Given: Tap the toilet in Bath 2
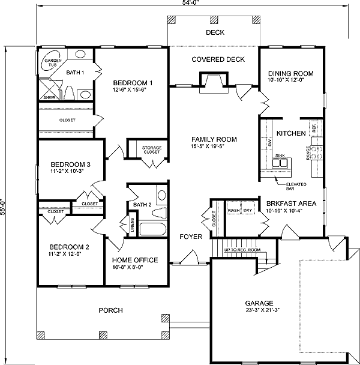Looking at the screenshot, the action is tap(159, 213).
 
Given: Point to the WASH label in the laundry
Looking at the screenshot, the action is tap(233, 210).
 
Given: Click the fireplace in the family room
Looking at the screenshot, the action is tap(214, 83).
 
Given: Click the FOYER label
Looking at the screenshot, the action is tap(191, 237).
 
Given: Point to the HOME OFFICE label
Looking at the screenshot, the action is tap(135, 260).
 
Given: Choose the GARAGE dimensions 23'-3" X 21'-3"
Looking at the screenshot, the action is tap(262, 310).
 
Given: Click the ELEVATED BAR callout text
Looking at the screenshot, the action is tap(296, 187).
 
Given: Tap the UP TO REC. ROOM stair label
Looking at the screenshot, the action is tap(242, 250).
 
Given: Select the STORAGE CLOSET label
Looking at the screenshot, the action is tap(152, 150).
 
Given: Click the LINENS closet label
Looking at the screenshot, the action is tap(133, 225).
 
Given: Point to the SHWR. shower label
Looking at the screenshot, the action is tap(50, 97).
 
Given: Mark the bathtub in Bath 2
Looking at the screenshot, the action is tap(153, 229).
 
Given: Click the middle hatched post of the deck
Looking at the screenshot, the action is tap(214, 20).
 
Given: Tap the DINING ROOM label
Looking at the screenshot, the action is tap(291, 74).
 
